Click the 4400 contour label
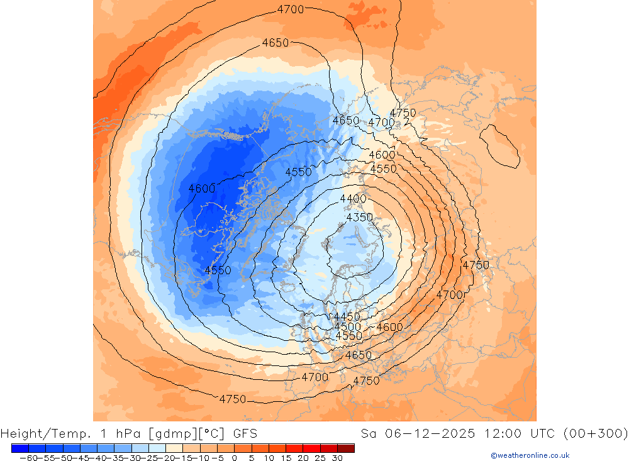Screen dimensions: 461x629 (353, 199)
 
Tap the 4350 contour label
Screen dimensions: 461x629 (360, 218)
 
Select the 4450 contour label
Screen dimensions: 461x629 (347, 316)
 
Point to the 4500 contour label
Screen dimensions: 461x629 (347, 326)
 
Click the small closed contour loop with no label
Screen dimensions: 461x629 (500, 145)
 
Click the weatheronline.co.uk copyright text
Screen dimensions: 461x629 (530, 455)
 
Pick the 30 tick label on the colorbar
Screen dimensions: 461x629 (337, 458)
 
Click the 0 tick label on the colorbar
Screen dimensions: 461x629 (235, 458)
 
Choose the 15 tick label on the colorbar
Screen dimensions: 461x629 (286, 458)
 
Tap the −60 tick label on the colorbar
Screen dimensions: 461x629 (26, 458)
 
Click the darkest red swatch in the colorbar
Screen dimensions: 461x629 (346, 448)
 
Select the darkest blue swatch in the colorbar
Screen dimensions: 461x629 (19, 448)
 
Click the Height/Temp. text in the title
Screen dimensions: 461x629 (46, 433)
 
